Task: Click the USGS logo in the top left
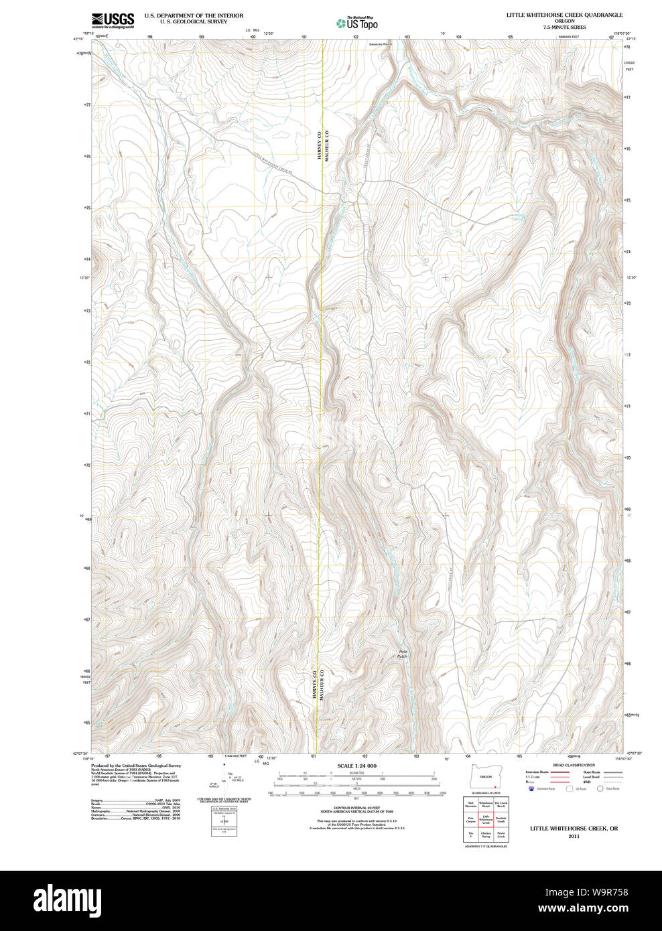(x=113, y=20)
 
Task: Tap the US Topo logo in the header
(x=357, y=23)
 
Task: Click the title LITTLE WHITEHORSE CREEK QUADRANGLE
(x=564, y=15)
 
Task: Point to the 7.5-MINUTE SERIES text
(x=564, y=27)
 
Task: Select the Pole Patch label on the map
(x=402, y=654)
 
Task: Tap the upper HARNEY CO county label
(x=320, y=144)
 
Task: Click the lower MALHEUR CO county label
(x=321, y=685)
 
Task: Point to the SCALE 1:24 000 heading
(x=356, y=766)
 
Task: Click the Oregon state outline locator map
(x=485, y=776)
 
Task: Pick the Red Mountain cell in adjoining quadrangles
(x=470, y=804)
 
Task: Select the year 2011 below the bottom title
(x=574, y=836)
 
